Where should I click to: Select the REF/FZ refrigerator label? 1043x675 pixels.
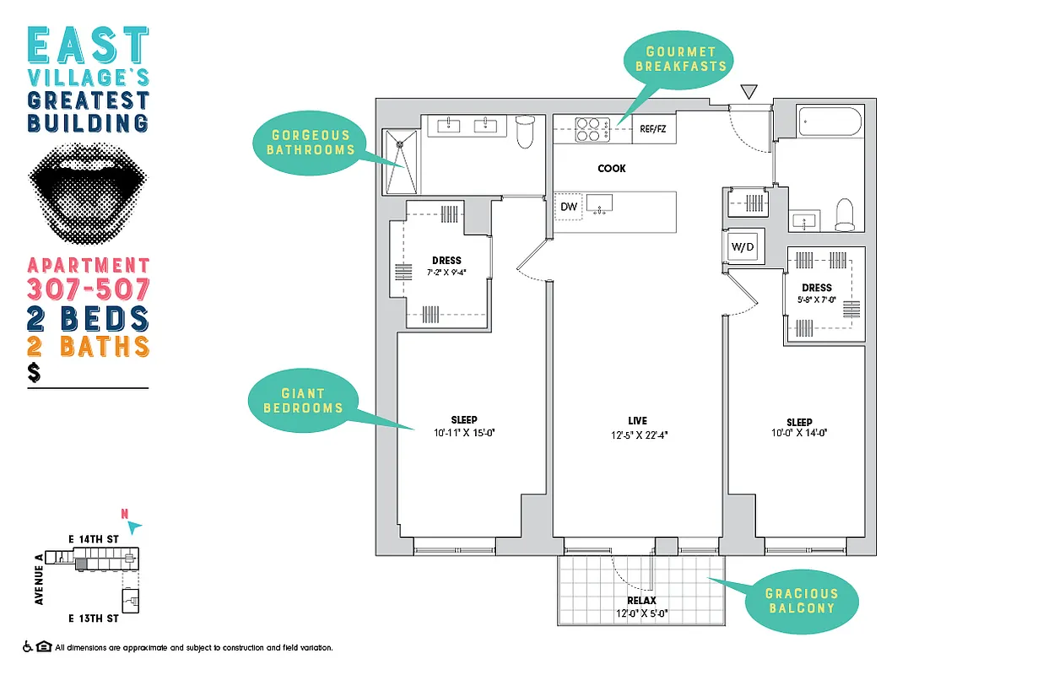653,130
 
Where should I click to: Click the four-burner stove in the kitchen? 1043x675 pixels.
588,129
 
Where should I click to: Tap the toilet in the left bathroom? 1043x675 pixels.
525,132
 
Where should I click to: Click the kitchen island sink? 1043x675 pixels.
601,204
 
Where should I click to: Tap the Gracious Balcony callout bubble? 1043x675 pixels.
801,600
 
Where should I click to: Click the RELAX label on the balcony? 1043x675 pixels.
641,601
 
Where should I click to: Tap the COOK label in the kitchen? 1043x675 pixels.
612,169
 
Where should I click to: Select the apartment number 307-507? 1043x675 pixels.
89,289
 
